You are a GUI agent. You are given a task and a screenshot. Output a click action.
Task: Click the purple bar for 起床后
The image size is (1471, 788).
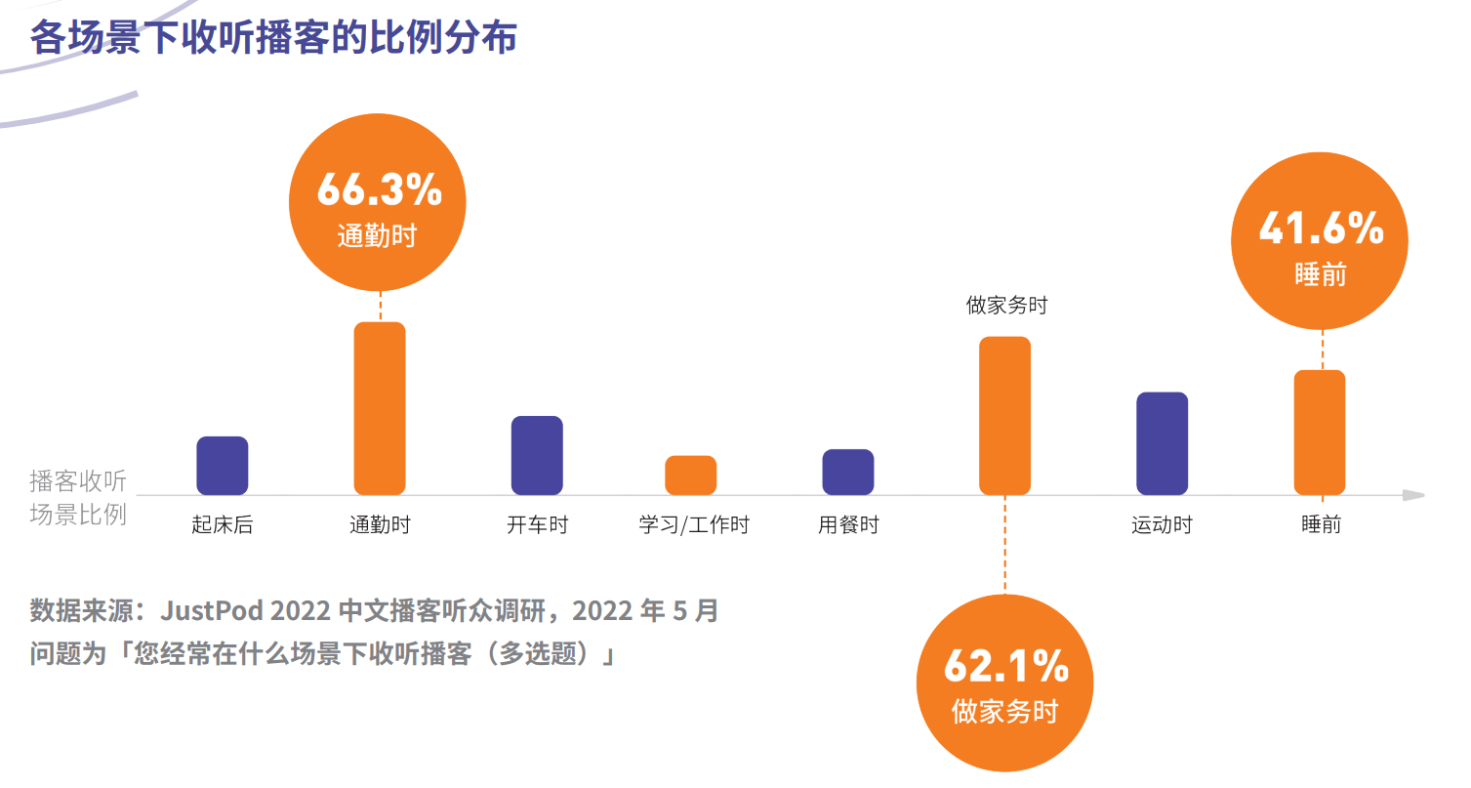click(x=223, y=465)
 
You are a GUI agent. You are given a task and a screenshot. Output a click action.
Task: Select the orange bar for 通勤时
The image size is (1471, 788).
click(x=380, y=408)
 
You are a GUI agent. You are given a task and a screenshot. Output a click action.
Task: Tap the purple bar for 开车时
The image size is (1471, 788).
click(x=537, y=455)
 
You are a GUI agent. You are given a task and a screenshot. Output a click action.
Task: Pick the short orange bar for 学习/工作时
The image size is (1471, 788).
click(x=691, y=475)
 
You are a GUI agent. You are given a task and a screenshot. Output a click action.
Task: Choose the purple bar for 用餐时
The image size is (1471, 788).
click(x=848, y=472)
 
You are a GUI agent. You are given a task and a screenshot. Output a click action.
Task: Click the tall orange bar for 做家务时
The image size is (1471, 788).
click(x=1004, y=415)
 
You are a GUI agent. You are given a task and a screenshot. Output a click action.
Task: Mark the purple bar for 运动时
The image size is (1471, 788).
click(x=1162, y=443)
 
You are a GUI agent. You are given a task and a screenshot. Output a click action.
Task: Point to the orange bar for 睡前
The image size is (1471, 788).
click(x=1319, y=433)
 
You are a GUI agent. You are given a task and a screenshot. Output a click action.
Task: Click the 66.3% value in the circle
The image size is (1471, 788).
click(x=379, y=191)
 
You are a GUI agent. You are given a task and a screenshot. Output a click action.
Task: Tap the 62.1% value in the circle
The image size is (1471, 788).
click(x=1005, y=667)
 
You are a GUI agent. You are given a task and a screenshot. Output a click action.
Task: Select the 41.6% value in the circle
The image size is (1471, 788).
click(x=1321, y=228)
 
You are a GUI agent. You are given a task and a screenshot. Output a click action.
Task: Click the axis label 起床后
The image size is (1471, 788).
click(x=223, y=525)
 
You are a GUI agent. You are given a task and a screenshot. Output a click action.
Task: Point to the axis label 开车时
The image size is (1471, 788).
click(x=537, y=525)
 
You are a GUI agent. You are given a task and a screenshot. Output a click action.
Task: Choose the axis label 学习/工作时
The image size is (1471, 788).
click(x=694, y=525)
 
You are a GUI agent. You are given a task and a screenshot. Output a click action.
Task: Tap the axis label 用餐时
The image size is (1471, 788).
click(x=848, y=525)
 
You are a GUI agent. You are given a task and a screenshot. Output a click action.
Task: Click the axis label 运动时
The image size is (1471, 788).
click(x=1162, y=525)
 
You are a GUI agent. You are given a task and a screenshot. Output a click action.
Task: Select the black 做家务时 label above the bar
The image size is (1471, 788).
click(x=1006, y=306)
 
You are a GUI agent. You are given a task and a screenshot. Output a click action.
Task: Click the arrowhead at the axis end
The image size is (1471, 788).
click(x=1413, y=495)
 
